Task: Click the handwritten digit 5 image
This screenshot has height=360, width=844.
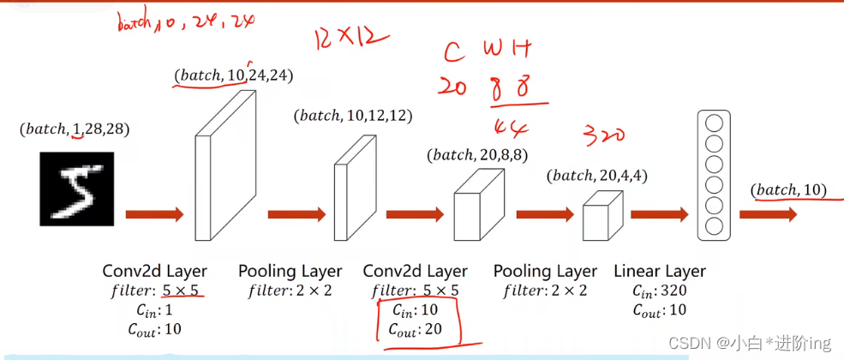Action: point(76,188)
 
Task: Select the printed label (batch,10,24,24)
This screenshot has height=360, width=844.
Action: point(233,75)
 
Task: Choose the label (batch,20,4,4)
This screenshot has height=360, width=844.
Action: point(597,176)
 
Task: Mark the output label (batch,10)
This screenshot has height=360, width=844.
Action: point(788,189)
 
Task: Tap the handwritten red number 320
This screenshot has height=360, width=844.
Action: point(604,135)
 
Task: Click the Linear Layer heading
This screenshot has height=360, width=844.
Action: point(660,272)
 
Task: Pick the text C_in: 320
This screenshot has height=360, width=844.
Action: point(660,291)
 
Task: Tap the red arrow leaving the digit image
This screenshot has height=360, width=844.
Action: point(154,214)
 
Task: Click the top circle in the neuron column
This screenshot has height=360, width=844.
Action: point(714,123)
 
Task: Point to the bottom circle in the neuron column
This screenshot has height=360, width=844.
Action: point(714,225)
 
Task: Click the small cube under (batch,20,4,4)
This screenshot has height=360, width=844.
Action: point(602,216)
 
